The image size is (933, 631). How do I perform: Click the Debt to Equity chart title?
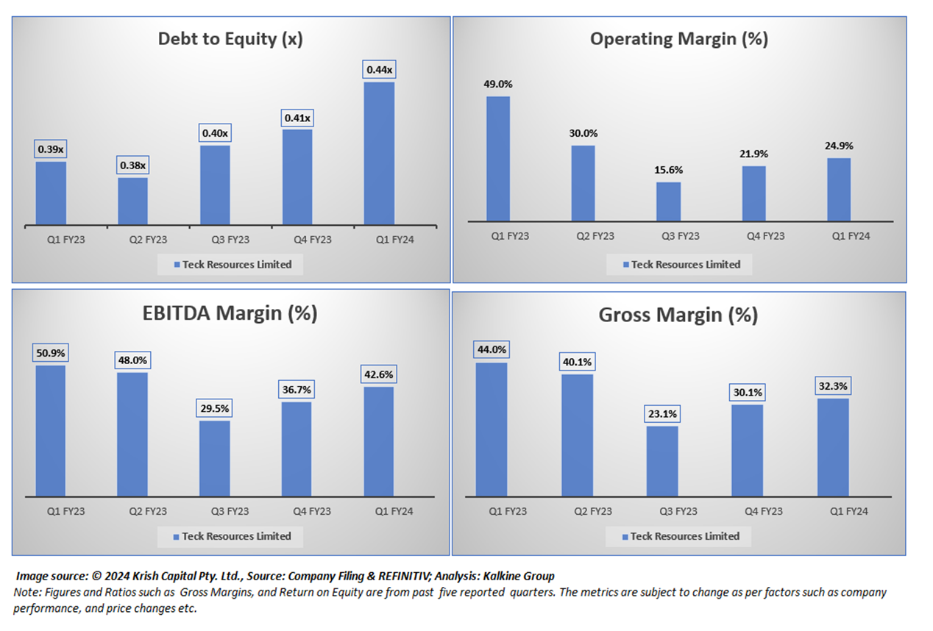[x=230, y=39]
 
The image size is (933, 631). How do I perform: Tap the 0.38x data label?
[x=132, y=165]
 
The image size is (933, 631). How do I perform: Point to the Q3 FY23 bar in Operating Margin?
[x=668, y=202]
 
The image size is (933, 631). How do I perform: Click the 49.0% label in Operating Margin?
[x=497, y=84]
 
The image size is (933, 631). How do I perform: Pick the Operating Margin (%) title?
[x=678, y=39]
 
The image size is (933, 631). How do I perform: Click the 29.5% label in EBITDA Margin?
[x=215, y=408]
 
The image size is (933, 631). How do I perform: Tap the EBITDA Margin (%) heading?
[x=230, y=313]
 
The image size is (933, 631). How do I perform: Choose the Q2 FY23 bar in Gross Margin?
[x=577, y=435]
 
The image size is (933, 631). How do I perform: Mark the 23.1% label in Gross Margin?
[x=662, y=414]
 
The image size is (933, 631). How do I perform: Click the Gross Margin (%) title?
[x=678, y=315]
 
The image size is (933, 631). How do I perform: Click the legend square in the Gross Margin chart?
[x=625, y=537]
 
